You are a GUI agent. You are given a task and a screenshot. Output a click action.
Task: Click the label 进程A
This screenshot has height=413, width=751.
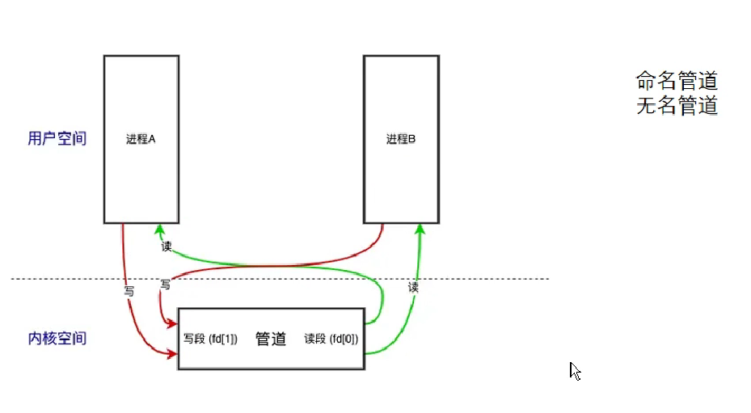pos(141,139)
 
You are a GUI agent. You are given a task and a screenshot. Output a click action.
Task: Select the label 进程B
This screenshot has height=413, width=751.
pos(401,139)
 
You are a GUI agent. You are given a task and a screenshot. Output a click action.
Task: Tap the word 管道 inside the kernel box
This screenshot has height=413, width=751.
pos(271,339)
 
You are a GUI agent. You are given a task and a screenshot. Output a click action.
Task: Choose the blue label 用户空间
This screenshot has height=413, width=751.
pos(57,139)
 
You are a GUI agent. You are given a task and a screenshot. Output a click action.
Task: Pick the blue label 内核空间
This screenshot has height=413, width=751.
pos(57,339)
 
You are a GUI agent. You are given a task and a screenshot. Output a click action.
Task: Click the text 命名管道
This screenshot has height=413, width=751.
pos(677,81)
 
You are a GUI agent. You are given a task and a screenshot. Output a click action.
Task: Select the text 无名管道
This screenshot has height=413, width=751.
pos(677,106)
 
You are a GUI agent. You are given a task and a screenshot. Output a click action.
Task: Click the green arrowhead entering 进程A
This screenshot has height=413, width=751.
pos(160,230)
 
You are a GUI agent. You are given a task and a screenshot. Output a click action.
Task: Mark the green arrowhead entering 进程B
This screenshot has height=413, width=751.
pos(420,230)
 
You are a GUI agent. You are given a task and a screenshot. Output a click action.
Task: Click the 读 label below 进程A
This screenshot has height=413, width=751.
pos(167,246)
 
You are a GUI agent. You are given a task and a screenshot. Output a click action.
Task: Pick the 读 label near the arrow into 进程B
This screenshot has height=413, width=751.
pos(413,287)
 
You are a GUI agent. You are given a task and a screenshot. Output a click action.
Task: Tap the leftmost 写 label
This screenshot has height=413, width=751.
pos(129,289)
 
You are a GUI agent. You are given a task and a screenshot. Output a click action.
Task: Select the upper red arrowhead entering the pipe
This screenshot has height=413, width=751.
pos(171,324)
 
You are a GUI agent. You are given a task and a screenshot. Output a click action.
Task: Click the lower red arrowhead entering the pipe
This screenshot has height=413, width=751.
pos(171,354)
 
